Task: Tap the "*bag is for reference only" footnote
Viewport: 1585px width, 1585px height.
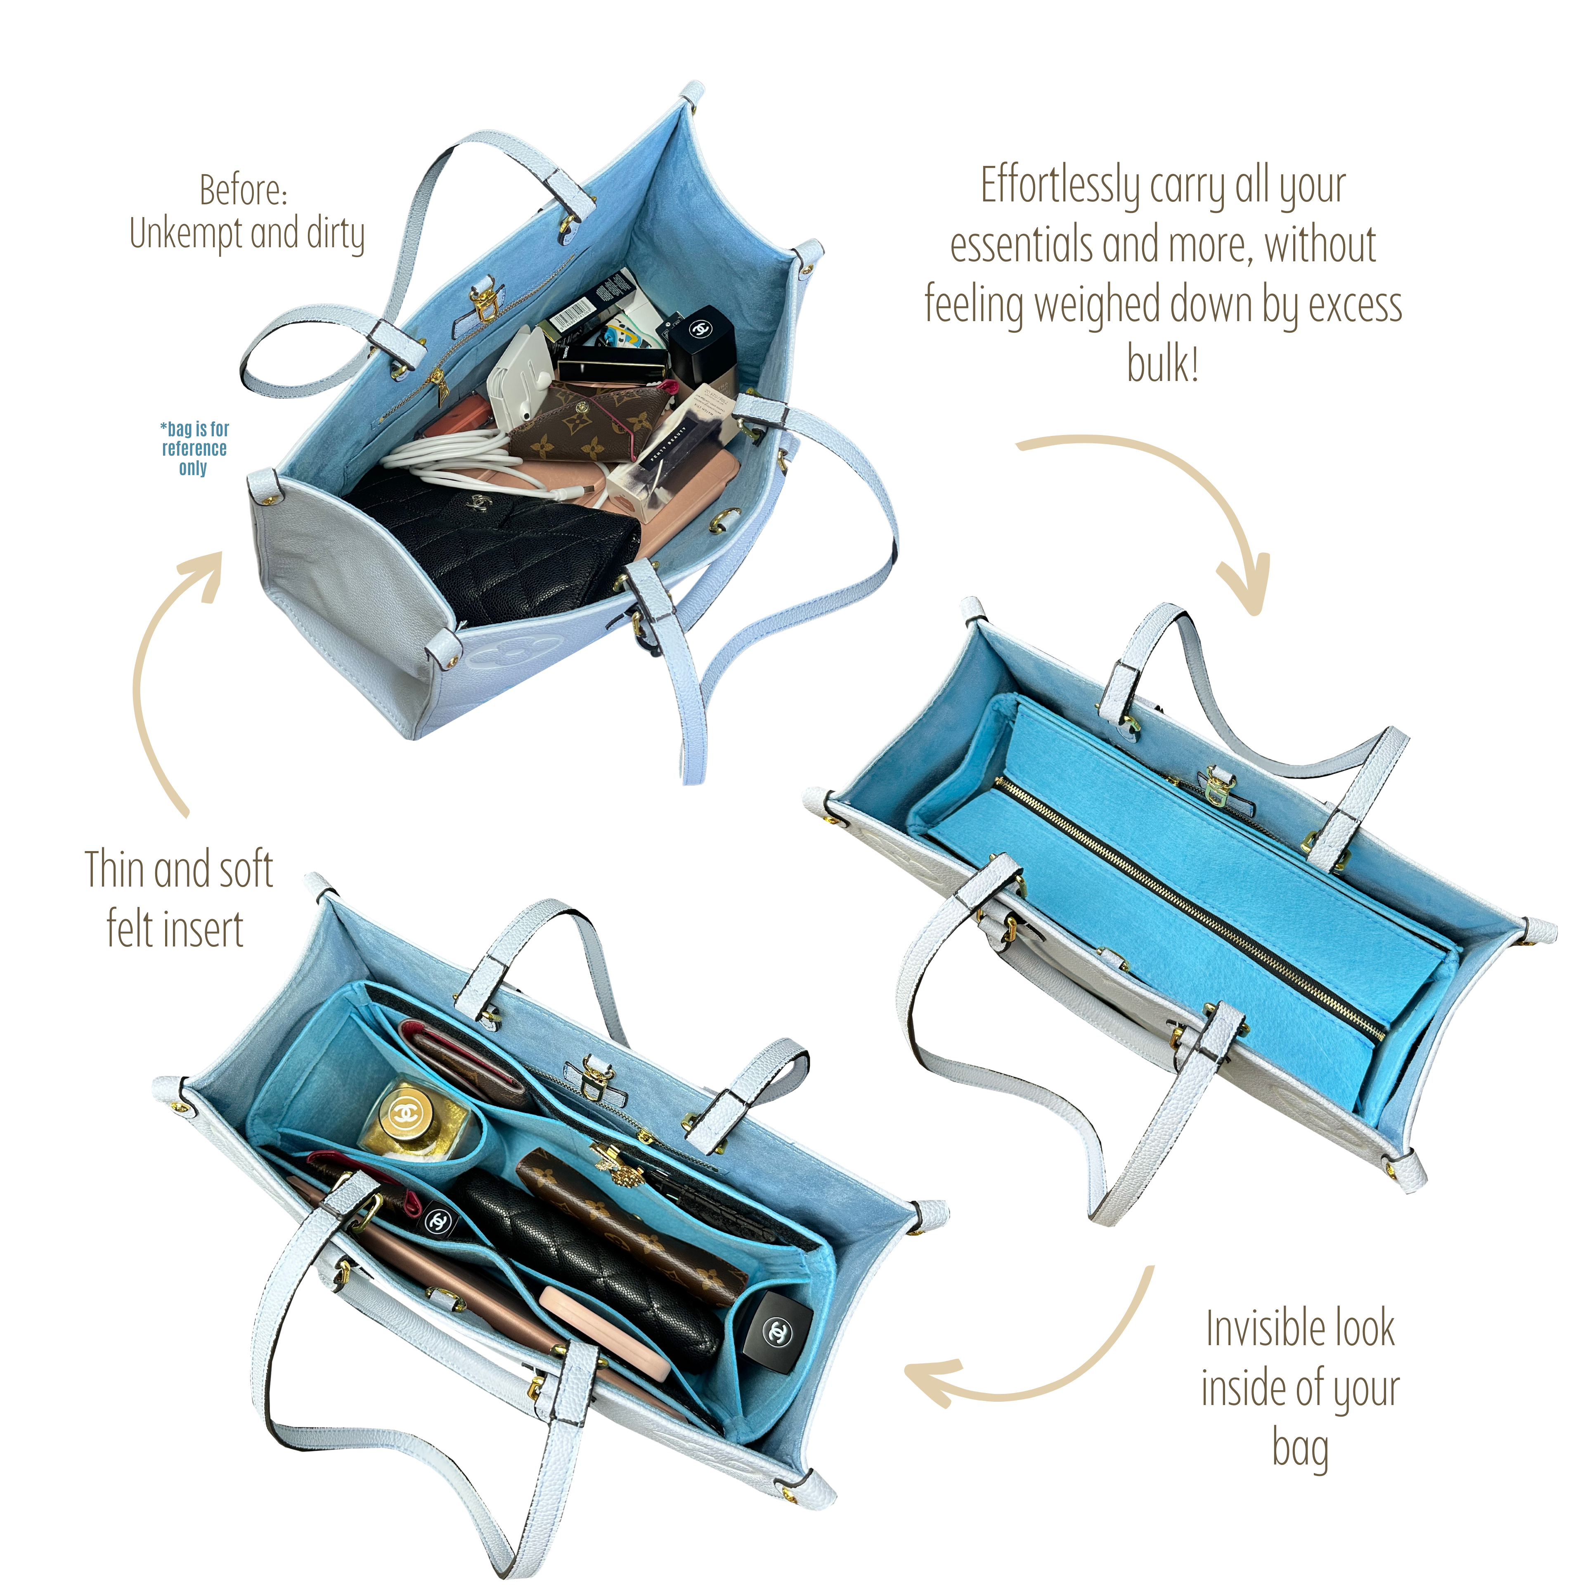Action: pyautogui.click(x=194, y=449)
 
